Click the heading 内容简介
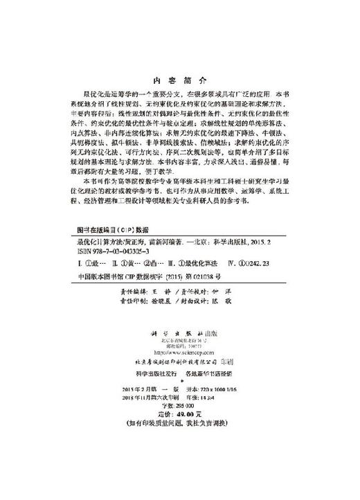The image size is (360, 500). [x=180, y=79]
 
